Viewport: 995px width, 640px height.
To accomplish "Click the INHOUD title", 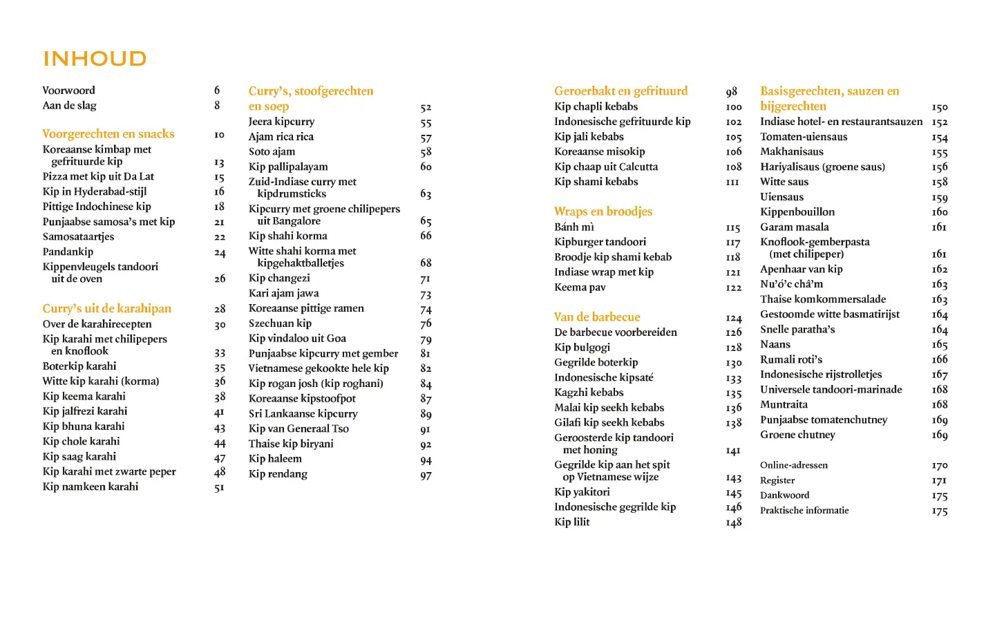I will click(x=95, y=59).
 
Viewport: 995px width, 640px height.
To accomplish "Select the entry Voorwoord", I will click(x=69, y=91).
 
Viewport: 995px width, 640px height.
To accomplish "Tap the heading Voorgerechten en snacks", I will click(x=108, y=134).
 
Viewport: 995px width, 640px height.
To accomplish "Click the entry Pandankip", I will click(x=68, y=252).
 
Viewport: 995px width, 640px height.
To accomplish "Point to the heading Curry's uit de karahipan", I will click(x=106, y=309).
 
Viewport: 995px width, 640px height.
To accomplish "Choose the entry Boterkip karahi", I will click(x=79, y=366).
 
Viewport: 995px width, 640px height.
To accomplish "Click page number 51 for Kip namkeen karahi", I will click(x=219, y=488).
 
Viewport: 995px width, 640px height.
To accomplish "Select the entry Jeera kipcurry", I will click(x=281, y=122).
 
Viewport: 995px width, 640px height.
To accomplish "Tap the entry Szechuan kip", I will click(x=280, y=323).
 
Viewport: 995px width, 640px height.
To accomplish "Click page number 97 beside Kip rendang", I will click(x=426, y=476).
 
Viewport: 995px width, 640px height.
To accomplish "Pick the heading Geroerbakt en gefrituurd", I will click(x=620, y=91).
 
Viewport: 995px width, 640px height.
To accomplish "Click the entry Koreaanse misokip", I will click(x=599, y=152).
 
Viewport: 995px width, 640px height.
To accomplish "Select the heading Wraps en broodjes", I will click(x=603, y=211).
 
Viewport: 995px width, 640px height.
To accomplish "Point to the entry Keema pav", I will click(x=580, y=288).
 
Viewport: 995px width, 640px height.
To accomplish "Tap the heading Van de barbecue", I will click(x=597, y=317).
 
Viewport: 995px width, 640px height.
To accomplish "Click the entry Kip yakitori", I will click(x=582, y=492).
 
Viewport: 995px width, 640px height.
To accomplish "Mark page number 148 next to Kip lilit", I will click(x=733, y=523).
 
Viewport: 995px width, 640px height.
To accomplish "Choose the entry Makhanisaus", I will click(x=792, y=152).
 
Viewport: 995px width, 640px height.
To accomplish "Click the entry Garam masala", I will click(x=795, y=227).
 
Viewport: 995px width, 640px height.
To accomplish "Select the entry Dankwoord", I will click(x=784, y=496).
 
